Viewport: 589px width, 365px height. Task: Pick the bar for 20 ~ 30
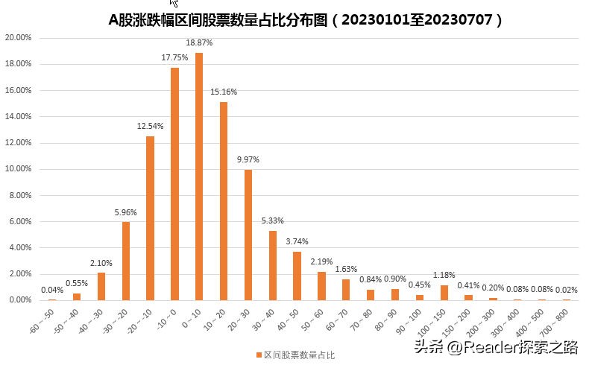[248, 235]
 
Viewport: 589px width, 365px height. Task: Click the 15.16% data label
[224, 92]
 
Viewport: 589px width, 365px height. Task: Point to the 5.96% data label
[126, 212]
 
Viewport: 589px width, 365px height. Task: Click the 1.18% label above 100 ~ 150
[444, 275]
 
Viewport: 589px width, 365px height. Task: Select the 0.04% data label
[52, 291]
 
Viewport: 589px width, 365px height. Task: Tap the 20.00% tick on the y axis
[18, 37]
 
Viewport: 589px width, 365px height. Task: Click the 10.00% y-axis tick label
[18, 169]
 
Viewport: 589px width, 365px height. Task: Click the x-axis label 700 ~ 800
[558, 318]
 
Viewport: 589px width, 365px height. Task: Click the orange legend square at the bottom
[257, 355]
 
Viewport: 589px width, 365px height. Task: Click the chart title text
[306, 20]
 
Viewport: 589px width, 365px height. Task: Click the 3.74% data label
[297, 242]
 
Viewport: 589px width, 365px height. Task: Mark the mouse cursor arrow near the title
[174, 3]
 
